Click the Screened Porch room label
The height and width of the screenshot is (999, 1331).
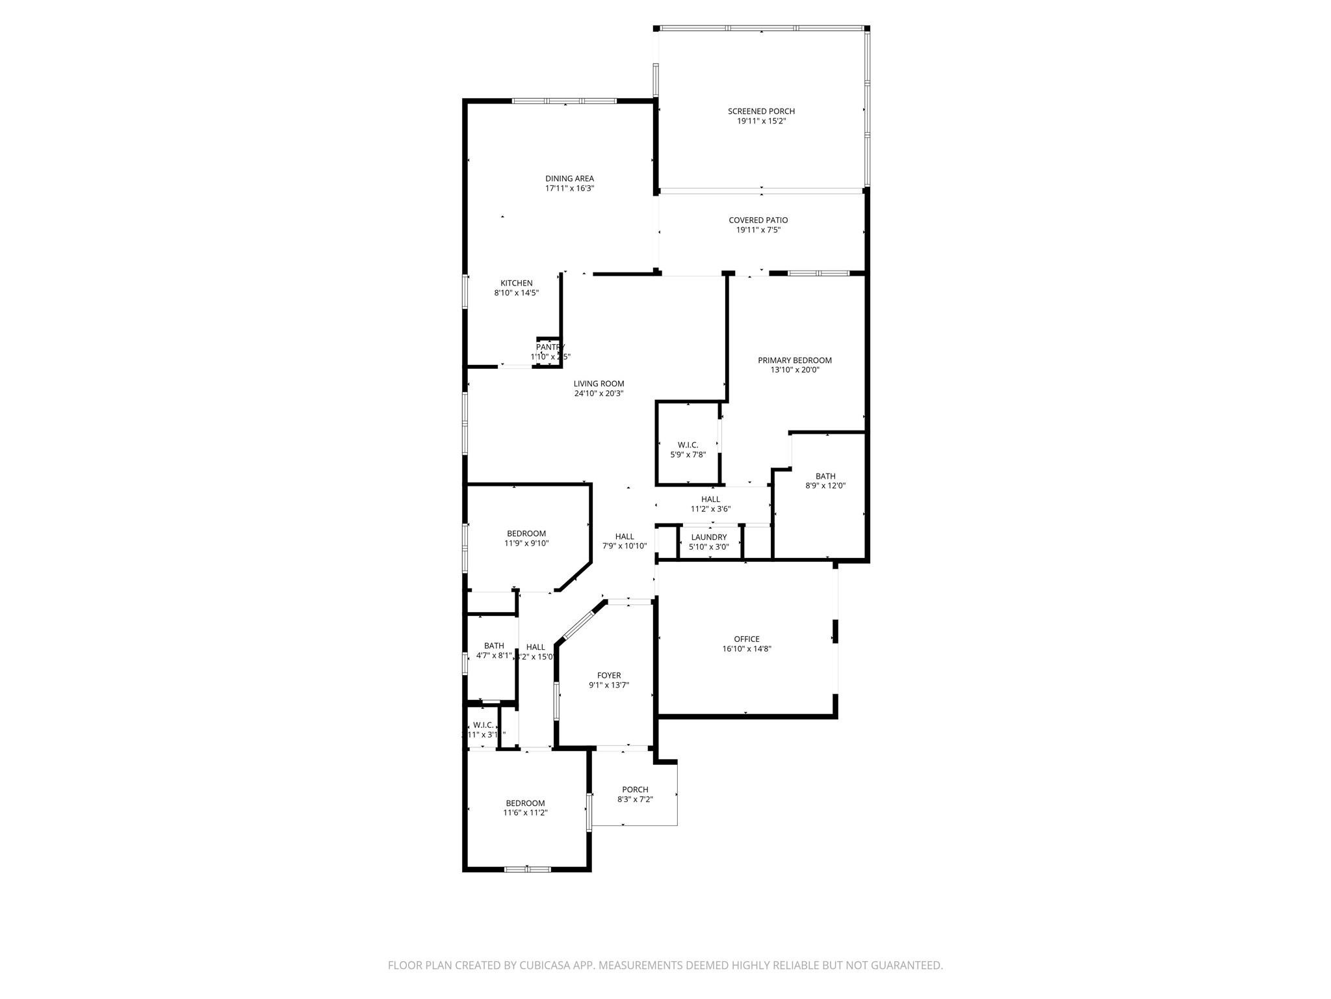click(x=761, y=111)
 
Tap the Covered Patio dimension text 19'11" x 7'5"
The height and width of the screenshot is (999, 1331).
click(x=758, y=230)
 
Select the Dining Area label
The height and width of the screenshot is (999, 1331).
click(x=569, y=179)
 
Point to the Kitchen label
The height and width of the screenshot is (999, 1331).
click(x=517, y=284)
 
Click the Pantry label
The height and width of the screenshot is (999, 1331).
click(x=550, y=347)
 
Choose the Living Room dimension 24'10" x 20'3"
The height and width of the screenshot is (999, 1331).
click(x=599, y=393)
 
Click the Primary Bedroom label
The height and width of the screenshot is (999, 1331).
click(x=795, y=360)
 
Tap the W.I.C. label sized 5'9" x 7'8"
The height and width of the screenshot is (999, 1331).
click(x=688, y=445)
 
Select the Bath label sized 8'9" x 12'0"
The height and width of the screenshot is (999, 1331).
click(x=825, y=476)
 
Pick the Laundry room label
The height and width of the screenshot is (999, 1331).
click(x=709, y=537)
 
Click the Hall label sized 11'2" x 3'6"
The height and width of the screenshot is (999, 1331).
click(x=710, y=499)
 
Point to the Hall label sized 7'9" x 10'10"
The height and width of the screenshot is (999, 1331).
click(x=625, y=537)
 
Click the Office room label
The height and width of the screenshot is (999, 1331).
click(x=747, y=639)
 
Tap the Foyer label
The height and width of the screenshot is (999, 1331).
click(x=609, y=676)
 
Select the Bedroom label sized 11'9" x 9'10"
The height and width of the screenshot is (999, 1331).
click(x=526, y=534)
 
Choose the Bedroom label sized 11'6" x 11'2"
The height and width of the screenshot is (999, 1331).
click(x=525, y=803)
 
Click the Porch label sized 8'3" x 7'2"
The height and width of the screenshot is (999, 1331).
click(x=635, y=790)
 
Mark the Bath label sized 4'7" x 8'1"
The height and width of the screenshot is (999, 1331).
click(x=494, y=646)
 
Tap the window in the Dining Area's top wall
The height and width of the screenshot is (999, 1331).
click(x=564, y=101)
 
